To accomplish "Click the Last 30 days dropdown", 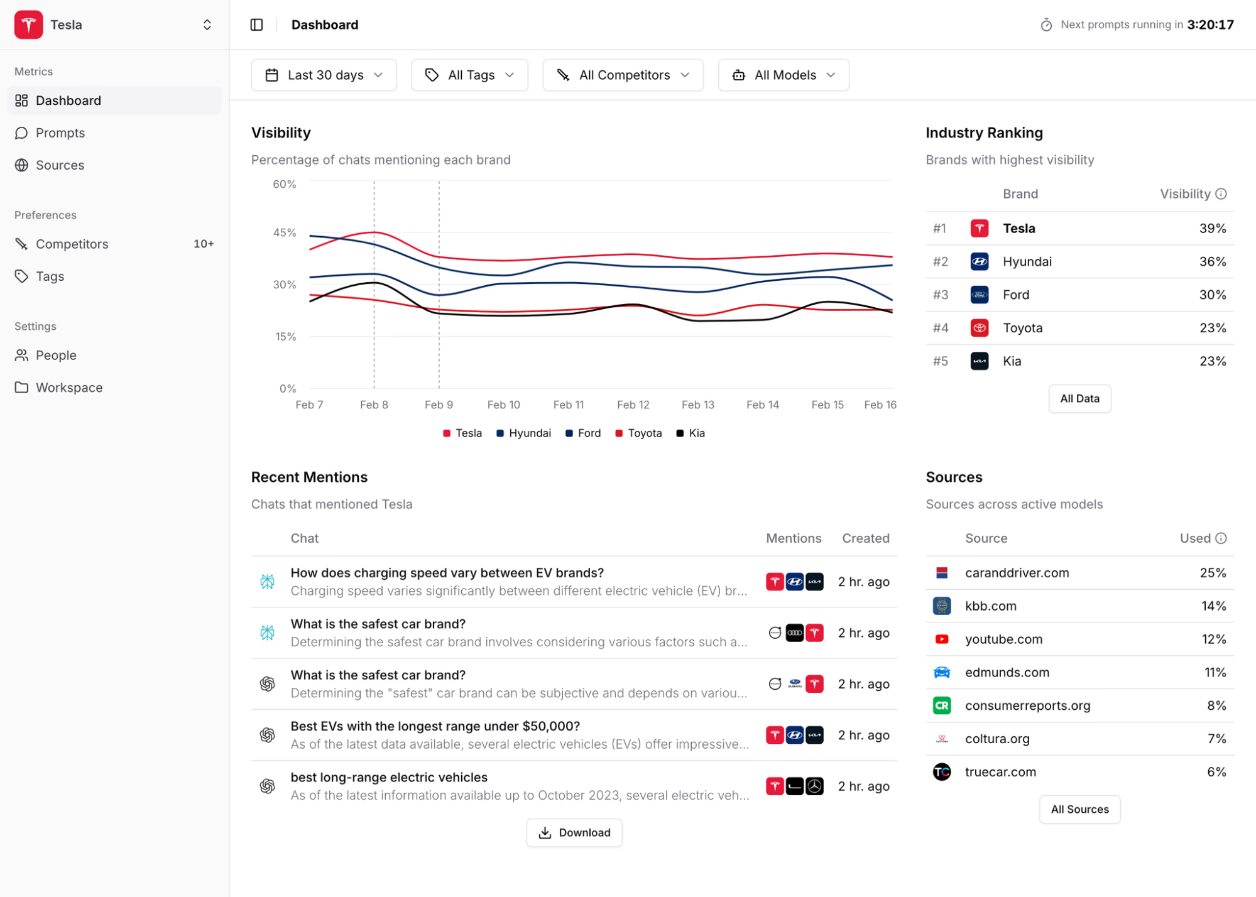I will coord(324,75).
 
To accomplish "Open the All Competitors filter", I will coord(623,75).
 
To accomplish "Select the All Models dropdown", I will coord(784,75).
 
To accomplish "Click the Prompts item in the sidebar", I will coord(60,133).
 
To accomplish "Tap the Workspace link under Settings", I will coord(69,388).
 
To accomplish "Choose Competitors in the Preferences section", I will coord(72,244).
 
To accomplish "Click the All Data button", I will coord(1079,399).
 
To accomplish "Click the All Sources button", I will coord(1079,809).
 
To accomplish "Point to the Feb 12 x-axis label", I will coord(633,405).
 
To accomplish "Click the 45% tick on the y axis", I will coord(284,233).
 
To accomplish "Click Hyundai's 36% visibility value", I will coord(1212,262).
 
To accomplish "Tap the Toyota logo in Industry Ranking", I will coord(979,328).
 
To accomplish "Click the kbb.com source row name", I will coord(990,606).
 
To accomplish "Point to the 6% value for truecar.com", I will coord(1216,772).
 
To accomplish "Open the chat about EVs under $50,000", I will coord(435,727).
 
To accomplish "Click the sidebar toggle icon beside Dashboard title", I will coord(257,25).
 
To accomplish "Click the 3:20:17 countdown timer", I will coord(1210,25).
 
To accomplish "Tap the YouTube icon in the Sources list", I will coord(941,639).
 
